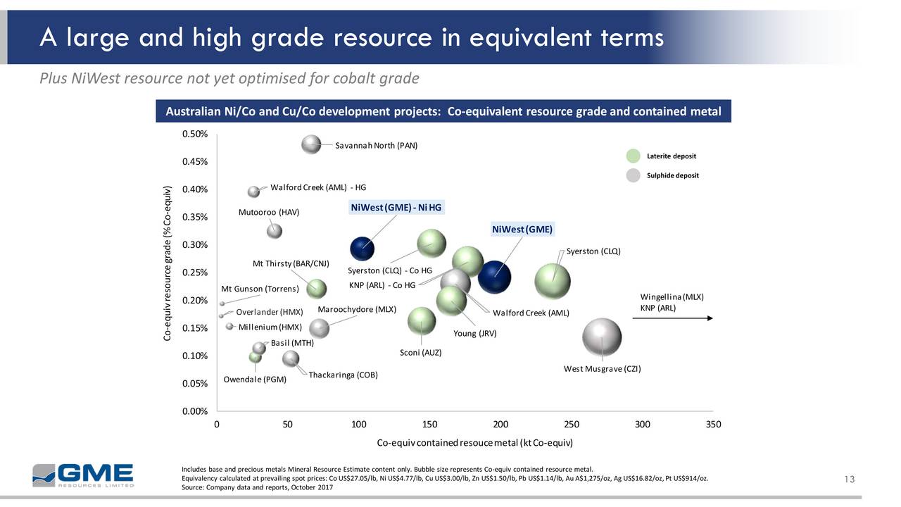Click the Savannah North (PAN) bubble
pyautogui.click(x=310, y=144)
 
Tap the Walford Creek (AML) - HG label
pyautogui.click(x=318, y=187)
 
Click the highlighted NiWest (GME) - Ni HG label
pyautogui.click(x=396, y=207)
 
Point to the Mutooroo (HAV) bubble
pyautogui.click(x=275, y=230)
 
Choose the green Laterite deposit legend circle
pyautogui.click(x=634, y=156)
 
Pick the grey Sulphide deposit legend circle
pyautogui.click(x=634, y=175)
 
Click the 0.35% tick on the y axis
pyautogui.click(x=194, y=217)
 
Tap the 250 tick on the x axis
pyautogui.click(x=572, y=425)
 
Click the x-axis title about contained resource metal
pyautogui.click(x=475, y=443)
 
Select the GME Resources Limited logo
pyautogui.click(x=82, y=475)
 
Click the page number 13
pyautogui.click(x=849, y=480)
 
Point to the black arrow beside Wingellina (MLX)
pyautogui.click(x=672, y=318)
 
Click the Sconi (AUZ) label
pyautogui.click(x=420, y=353)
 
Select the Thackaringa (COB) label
pyautogui.click(x=344, y=374)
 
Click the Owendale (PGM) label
pyautogui.click(x=255, y=380)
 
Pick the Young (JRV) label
pyautogui.click(x=475, y=334)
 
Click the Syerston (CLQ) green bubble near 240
pyautogui.click(x=554, y=280)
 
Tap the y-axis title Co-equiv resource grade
pyautogui.click(x=167, y=265)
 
